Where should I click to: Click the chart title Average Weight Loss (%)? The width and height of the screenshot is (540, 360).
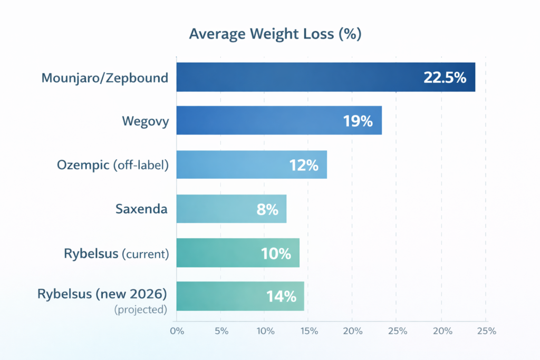(275, 34)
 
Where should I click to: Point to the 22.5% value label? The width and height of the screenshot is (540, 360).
(445, 78)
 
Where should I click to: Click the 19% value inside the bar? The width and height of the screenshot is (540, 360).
(358, 121)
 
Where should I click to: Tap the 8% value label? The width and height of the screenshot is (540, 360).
(267, 209)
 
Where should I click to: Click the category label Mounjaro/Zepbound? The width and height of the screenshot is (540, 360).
(105, 79)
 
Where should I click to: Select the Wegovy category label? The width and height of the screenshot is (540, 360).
(146, 122)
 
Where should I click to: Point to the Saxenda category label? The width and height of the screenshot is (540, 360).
(141, 209)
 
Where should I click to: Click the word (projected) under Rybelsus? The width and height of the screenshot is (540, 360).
(140, 310)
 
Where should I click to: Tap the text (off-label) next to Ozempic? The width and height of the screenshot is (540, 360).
(140, 166)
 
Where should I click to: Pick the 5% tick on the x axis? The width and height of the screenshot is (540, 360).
(221, 332)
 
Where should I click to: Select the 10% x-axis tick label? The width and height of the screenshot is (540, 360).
(265, 332)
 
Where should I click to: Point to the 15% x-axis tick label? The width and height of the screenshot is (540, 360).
(309, 332)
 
